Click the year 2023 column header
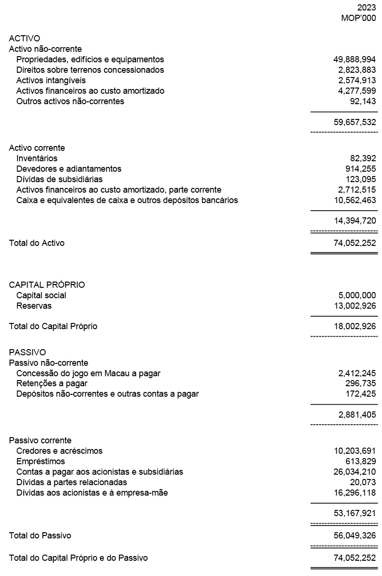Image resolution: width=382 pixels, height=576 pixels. click(366, 8)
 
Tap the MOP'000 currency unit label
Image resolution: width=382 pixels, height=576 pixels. click(359, 18)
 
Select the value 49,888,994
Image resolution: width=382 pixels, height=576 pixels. click(354, 59)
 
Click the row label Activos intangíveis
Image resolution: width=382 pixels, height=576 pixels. click(51, 80)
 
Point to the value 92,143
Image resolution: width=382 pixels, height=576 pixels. click(363, 101)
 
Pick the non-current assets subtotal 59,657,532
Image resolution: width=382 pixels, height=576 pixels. click(354, 122)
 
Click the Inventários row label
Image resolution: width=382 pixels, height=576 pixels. click(37, 158)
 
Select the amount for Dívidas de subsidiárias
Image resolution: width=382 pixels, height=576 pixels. click(361, 179)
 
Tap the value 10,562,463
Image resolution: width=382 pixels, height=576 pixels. click(354, 200)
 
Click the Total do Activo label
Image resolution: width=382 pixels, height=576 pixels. click(37, 243)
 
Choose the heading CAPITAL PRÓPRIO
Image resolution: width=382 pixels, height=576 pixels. click(47, 285)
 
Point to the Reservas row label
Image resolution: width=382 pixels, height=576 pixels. click(34, 306)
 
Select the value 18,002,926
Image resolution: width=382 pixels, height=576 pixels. click(354, 327)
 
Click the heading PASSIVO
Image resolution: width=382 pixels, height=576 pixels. click(27, 352)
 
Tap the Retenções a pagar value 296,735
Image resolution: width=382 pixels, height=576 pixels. click(361, 383)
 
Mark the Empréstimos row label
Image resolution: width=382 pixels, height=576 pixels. click(40, 461)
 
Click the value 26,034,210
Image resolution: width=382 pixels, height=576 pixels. click(354, 472)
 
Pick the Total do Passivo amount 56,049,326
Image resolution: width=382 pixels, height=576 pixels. click(354, 536)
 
